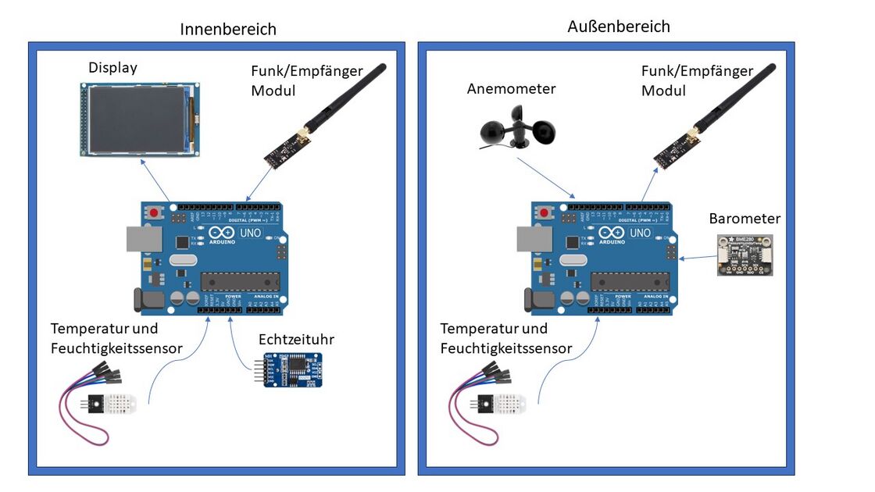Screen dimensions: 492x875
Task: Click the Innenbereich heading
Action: (x=228, y=30)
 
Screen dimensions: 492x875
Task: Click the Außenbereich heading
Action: (x=618, y=27)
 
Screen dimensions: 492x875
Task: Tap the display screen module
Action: (x=138, y=120)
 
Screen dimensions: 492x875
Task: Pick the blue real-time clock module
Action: (x=290, y=369)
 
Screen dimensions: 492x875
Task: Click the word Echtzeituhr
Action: (x=295, y=340)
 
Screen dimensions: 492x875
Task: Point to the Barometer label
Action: (x=745, y=219)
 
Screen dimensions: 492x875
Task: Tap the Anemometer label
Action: (x=511, y=89)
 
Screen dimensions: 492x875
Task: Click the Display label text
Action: (x=112, y=68)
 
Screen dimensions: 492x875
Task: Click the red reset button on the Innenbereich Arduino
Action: (x=154, y=212)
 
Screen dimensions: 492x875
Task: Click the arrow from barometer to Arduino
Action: (x=698, y=258)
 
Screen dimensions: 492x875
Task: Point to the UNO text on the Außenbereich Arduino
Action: (x=640, y=233)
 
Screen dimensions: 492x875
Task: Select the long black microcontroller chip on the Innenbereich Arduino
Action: (x=238, y=282)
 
